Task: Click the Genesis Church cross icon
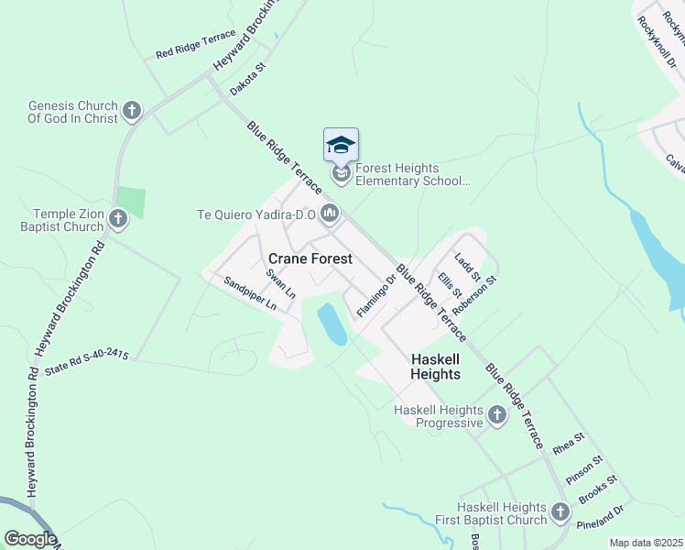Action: coord(131,112)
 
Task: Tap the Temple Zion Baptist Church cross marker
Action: coord(118,219)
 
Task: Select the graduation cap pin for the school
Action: coord(341,147)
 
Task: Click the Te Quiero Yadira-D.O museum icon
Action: coord(330,214)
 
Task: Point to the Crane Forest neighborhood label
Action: coord(310,259)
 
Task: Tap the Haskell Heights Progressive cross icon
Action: coord(496,415)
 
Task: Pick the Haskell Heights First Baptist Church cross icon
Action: coord(562,513)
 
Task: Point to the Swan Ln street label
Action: coord(281,284)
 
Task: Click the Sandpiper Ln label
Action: coord(250,295)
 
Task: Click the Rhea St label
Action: coord(568,445)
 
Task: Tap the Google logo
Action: coord(29,540)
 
